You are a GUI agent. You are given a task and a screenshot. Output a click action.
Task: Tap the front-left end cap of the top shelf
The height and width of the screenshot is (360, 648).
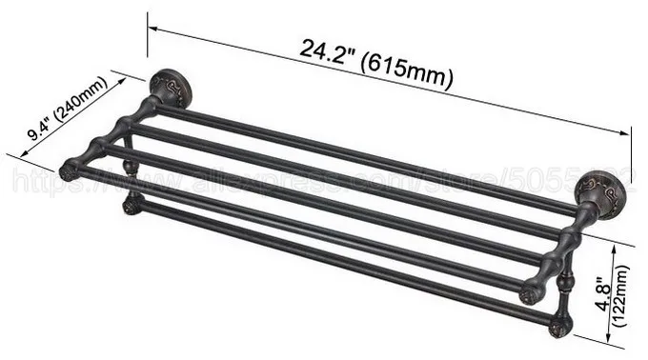pos(69,172)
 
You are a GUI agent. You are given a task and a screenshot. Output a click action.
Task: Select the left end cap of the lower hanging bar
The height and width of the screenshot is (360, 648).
pos(132,205)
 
